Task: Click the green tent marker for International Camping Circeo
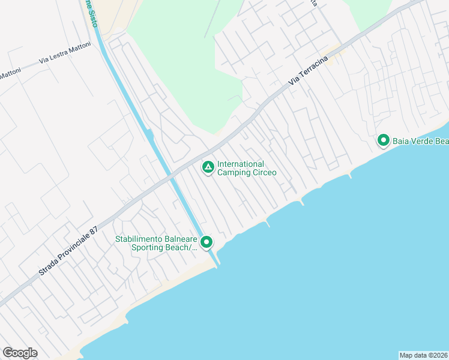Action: (208, 167)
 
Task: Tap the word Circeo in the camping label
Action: (264, 173)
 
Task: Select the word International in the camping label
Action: (241, 164)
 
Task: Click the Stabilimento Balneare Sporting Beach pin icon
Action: (206, 242)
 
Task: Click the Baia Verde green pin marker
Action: (383, 140)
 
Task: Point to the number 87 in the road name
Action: (93, 230)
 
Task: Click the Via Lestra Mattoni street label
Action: (65, 56)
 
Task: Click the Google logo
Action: (20, 353)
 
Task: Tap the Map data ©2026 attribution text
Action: (423, 355)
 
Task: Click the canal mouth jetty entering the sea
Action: (215, 260)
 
